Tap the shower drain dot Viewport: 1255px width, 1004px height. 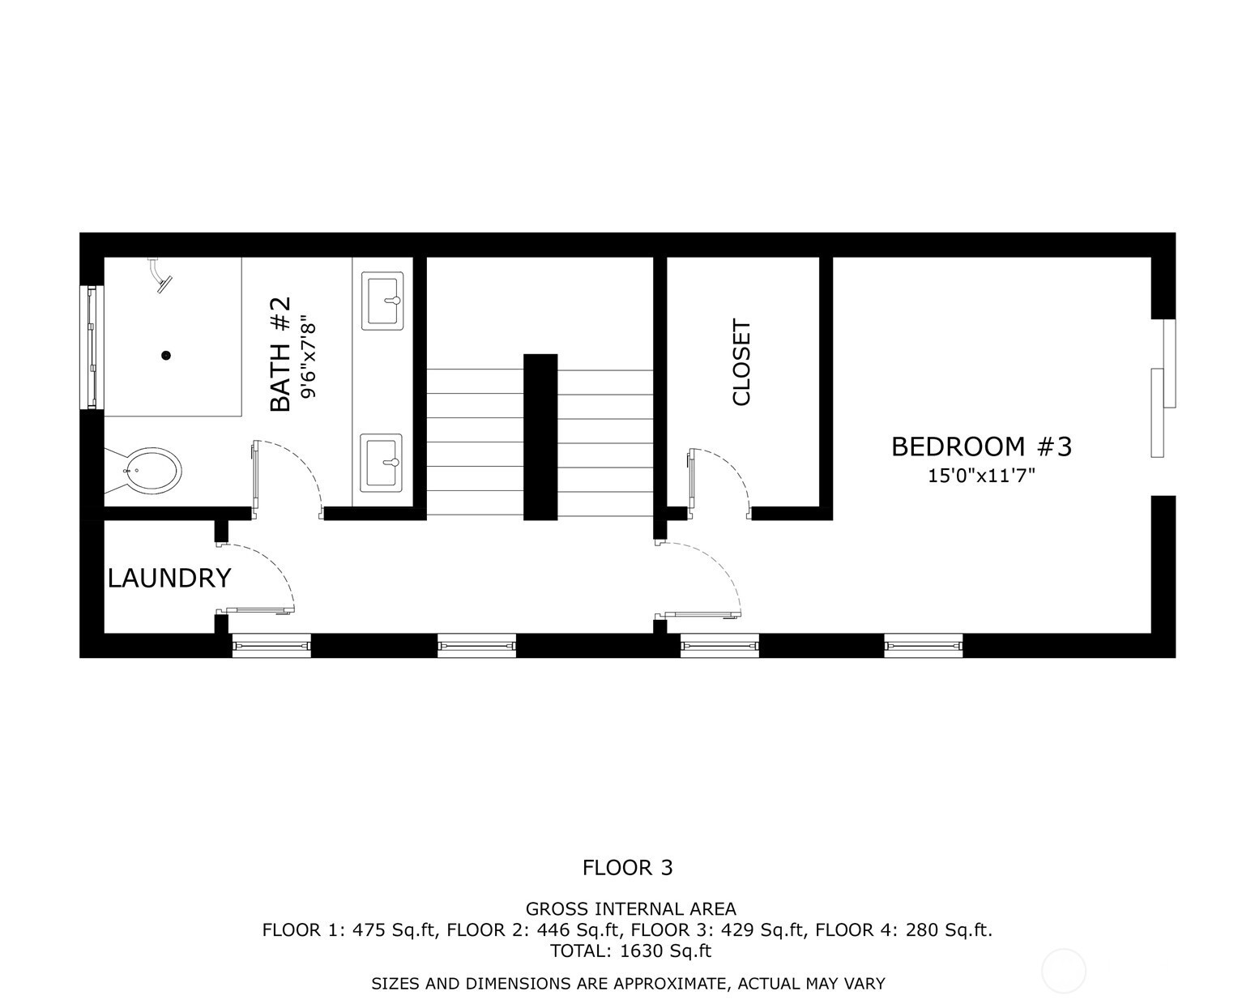[x=166, y=355]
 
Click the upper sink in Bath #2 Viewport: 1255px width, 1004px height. [x=382, y=301]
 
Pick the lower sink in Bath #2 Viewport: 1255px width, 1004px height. [x=382, y=464]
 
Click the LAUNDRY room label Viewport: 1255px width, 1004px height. [x=169, y=578]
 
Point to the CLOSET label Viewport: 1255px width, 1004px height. [x=741, y=362]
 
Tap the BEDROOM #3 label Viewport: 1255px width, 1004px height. [x=981, y=446]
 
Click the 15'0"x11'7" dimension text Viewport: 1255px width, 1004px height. [x=981, y=476]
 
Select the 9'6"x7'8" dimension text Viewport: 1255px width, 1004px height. [x=309, y=357]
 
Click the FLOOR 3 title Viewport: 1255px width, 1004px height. [x=627, y=868]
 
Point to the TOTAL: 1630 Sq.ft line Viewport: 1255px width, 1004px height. [x=631, y=951]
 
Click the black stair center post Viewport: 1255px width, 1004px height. [x=540, y=437]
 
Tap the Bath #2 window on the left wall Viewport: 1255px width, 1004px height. [x=92, y=347]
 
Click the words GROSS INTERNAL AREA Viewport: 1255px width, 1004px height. [x=631, y=909]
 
